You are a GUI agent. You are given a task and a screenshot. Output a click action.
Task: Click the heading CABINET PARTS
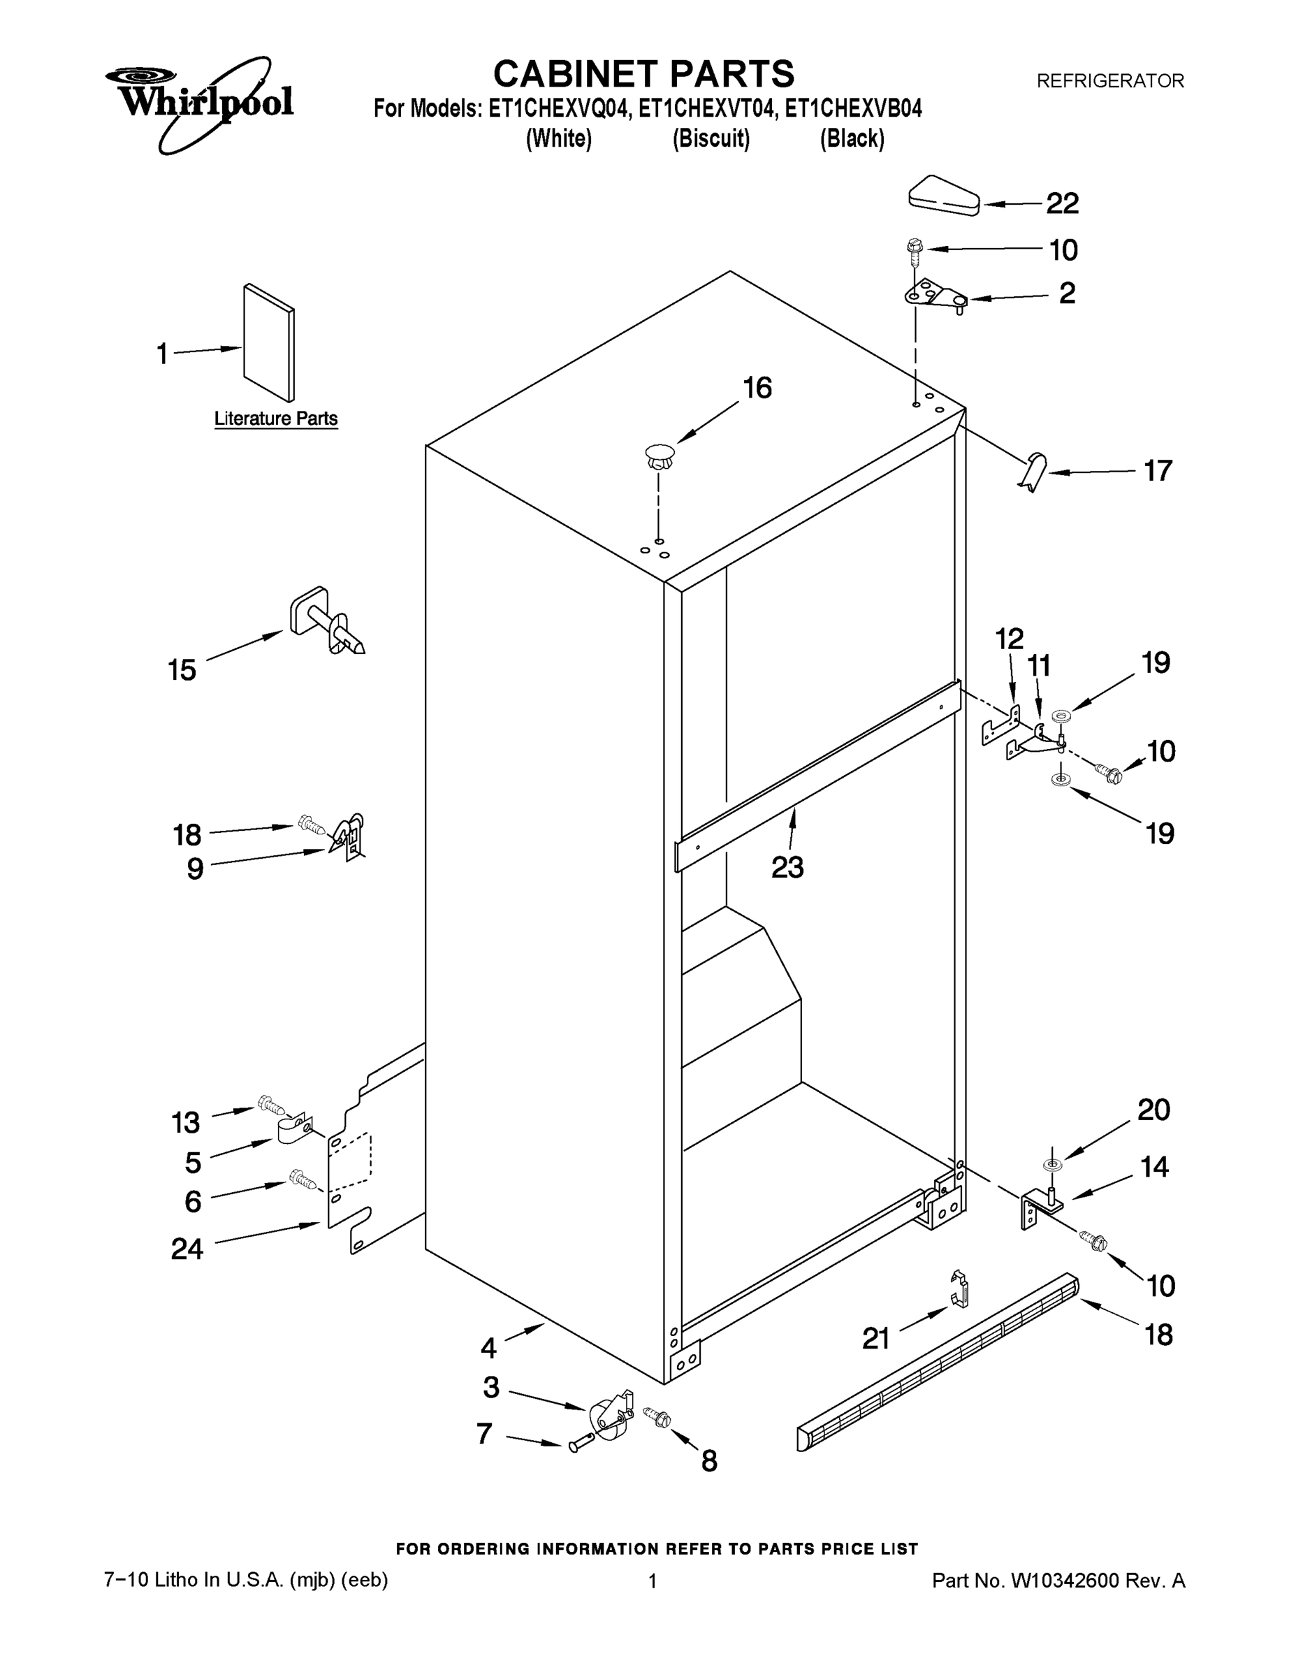643,75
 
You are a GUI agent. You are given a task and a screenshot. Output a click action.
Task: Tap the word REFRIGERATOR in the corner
1109,80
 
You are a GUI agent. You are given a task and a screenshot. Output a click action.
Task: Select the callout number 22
1063,203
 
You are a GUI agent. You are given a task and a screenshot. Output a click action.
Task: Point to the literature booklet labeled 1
269,343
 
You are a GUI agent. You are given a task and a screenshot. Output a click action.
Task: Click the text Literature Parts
276,419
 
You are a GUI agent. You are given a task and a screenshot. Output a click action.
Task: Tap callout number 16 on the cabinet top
757,389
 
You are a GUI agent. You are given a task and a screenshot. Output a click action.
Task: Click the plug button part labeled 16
659,458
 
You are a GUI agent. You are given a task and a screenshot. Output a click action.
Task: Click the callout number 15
182,670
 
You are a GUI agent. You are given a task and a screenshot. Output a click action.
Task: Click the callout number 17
1158,471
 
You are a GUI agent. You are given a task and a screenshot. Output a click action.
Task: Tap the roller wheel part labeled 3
608,1420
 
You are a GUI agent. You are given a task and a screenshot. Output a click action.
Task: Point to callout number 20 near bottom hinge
1153,1110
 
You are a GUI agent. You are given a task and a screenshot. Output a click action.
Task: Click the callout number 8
708,1460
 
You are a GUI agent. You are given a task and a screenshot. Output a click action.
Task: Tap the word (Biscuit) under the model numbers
711,139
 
